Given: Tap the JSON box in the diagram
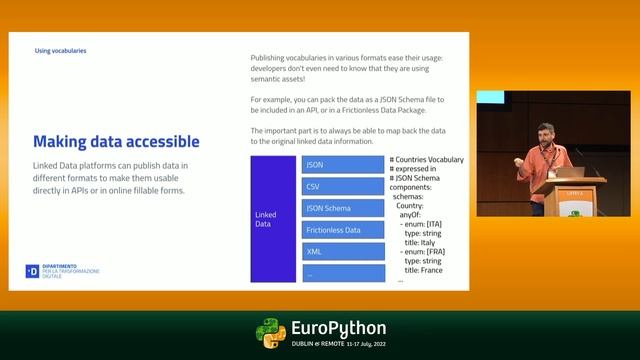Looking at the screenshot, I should click(342, 164).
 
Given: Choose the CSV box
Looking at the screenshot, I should click(342, 186).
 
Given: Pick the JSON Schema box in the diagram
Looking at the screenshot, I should click(342, 208).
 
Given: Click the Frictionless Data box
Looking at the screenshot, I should click(342, 230).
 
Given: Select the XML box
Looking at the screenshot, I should click(342, 252).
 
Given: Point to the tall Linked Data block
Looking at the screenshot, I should click(266, 218).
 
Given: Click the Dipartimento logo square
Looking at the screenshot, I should click(31, 271).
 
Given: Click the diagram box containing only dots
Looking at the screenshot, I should click(342, 273).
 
